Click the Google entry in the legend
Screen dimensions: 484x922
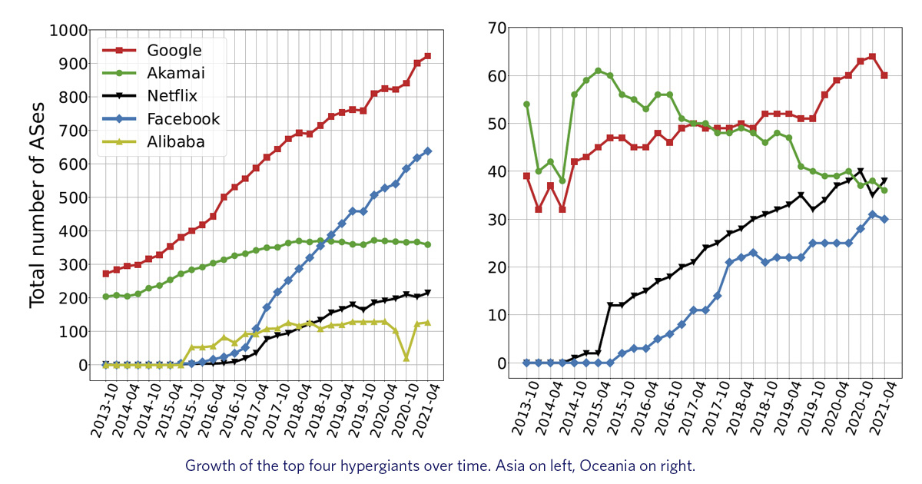click(x=174, y=51)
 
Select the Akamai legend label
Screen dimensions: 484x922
click(x=175, y=73)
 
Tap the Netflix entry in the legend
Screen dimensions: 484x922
click(x=173, y=96)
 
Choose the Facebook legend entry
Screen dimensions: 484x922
click(x=183, y=119)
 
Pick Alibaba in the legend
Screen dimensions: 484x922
click(x=177, y=142)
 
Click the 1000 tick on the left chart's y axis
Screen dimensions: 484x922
click(x=68, y=31)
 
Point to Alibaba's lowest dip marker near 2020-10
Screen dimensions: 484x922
click(x=406, y=359)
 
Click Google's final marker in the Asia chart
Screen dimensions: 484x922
click(x=427, y=56)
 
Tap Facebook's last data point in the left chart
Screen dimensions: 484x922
click(x=427, y=151)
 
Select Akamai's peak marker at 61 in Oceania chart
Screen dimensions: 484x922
click(x=598, y=71)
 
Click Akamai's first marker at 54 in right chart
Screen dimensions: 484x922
click(x=526, y=104)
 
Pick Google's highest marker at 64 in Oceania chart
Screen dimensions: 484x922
click(x=872, y=57)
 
